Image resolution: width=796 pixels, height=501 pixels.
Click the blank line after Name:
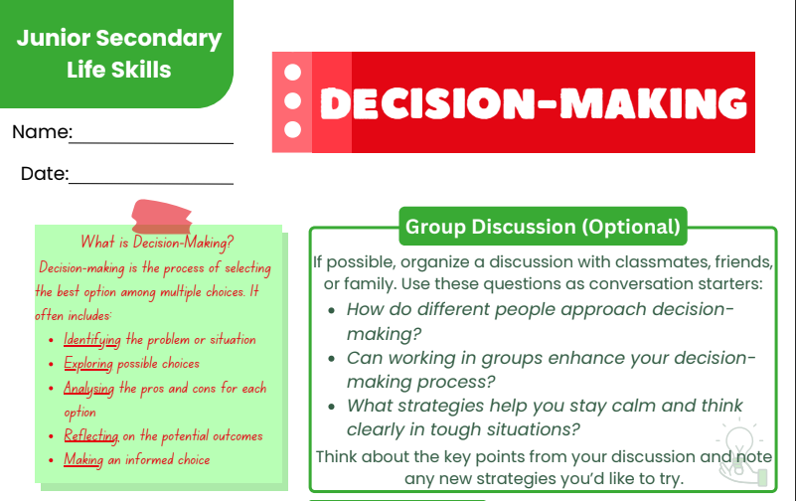(x=151, y=143)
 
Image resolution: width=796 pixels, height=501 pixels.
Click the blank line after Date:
(x=151, y=183)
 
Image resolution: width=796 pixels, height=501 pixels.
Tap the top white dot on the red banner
(x=292, y=73)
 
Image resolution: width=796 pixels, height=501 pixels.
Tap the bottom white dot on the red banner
(x=292, y=129)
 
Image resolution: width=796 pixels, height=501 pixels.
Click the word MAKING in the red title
(x=653, y=103)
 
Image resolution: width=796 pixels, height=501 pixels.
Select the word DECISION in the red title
(x=427, y=103)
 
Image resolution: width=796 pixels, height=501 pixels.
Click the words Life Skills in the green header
(x=119, y=70)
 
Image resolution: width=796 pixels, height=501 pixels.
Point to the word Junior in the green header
(x=54, y=38)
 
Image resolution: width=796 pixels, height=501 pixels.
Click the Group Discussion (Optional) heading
(x=543, y=227)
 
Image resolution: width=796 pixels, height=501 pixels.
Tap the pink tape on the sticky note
(x=161, y=217)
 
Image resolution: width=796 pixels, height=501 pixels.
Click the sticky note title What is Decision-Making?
(x=157, y=243)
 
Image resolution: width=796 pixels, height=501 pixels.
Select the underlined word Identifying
(x=91, y=340)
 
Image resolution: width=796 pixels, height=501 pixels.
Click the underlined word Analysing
(x=88, y=389)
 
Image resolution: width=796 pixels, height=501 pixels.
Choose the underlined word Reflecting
(x=91, y=436)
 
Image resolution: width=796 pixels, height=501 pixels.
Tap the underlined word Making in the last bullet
(x=83, y=460)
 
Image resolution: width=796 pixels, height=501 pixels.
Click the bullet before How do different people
(x=332, y=310)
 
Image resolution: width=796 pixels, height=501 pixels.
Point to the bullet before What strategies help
(x=332, y=407)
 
